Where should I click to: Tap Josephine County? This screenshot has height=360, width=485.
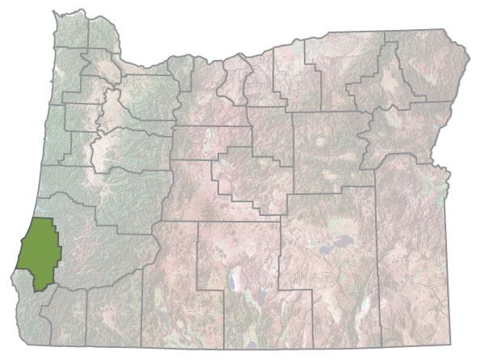click(69, 320)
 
